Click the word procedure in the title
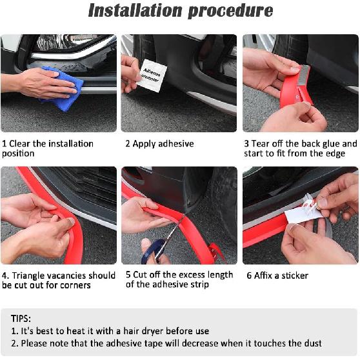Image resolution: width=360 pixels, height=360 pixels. [230, 11]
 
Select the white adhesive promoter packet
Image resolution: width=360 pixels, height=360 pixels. [152, 76]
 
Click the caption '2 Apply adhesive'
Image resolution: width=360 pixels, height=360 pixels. [159, 144]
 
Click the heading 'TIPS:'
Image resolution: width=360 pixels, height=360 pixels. [21, 319]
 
